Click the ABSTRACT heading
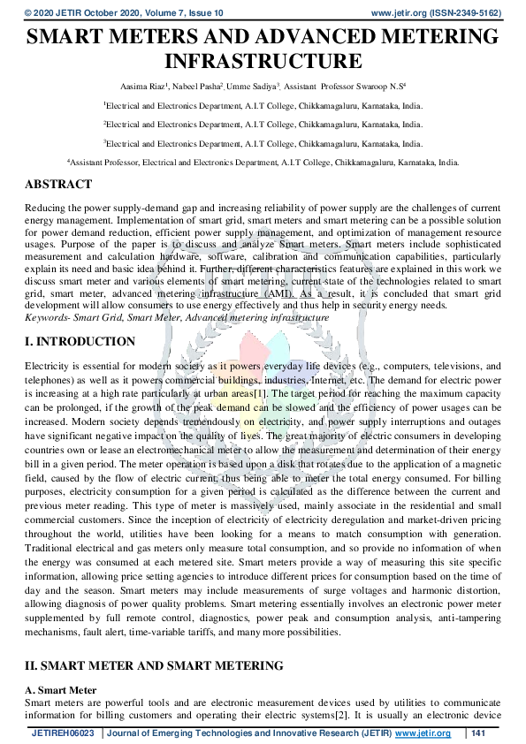(x=57, y=185)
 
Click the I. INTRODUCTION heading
(x=80, y=342)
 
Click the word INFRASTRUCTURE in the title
(x=263, y=62)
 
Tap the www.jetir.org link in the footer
(x=423, y=733)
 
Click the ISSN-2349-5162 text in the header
(x=465, y=13)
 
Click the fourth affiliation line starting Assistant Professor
(x=263, y=163)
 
